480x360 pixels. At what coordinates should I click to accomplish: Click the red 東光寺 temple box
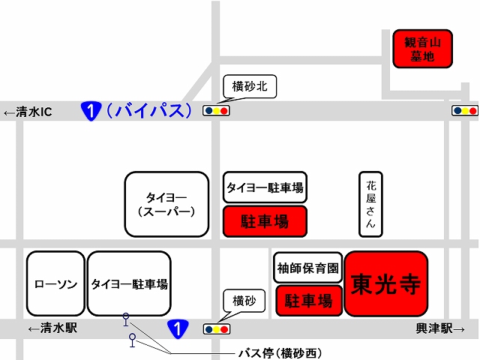pyautogui.click(x=386, y=283)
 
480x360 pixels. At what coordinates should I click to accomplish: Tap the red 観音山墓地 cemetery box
pyautogui.click(x=422, y=49)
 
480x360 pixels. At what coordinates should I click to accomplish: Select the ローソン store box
pyautogui.click(x=55, y=283)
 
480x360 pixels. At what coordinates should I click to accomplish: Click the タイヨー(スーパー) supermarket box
pyautogui.click(x=166, y=204)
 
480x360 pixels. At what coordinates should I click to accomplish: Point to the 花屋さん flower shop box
pyautogui.click(x=370, y=204)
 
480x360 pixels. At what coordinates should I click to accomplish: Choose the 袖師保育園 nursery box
pyautogui.click(x=307, y=268)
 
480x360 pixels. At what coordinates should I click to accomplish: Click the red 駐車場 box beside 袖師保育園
pyautogui.click(x=309, y=300)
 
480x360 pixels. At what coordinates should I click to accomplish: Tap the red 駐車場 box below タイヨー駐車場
pyautogui.click(x=265, y=221)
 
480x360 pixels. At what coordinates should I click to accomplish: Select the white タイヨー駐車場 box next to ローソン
pyautogui.click(x=129, y=283)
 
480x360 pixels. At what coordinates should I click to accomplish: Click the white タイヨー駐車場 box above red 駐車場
pyautogui.click(x=265, y=187)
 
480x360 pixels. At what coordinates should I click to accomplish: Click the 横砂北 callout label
pyautogui.click(x=250, y=86)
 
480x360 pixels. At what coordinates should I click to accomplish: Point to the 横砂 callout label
pyautogui.click(x=244, y=301)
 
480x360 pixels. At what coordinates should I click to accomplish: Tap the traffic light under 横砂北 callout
pyautogui.click(x=216, y=110)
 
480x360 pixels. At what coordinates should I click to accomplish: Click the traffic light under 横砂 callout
pyautogui.click(x=217, y=329)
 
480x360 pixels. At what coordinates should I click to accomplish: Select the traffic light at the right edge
pyautogui.click(x=465, y=110)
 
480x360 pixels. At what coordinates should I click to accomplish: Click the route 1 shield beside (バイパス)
pyautogui.click(x=91, y=111)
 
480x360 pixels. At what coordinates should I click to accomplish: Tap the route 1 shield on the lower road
pyautogui.click(x=178, y=329)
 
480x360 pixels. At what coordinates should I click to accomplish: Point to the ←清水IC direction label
pyautogui.click(x=28, y=112)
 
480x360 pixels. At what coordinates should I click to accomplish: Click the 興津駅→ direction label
pyautogui.click(x=440, y=328)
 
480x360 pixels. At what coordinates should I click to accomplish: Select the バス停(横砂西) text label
pyautogui.click(x=280, y=353)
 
